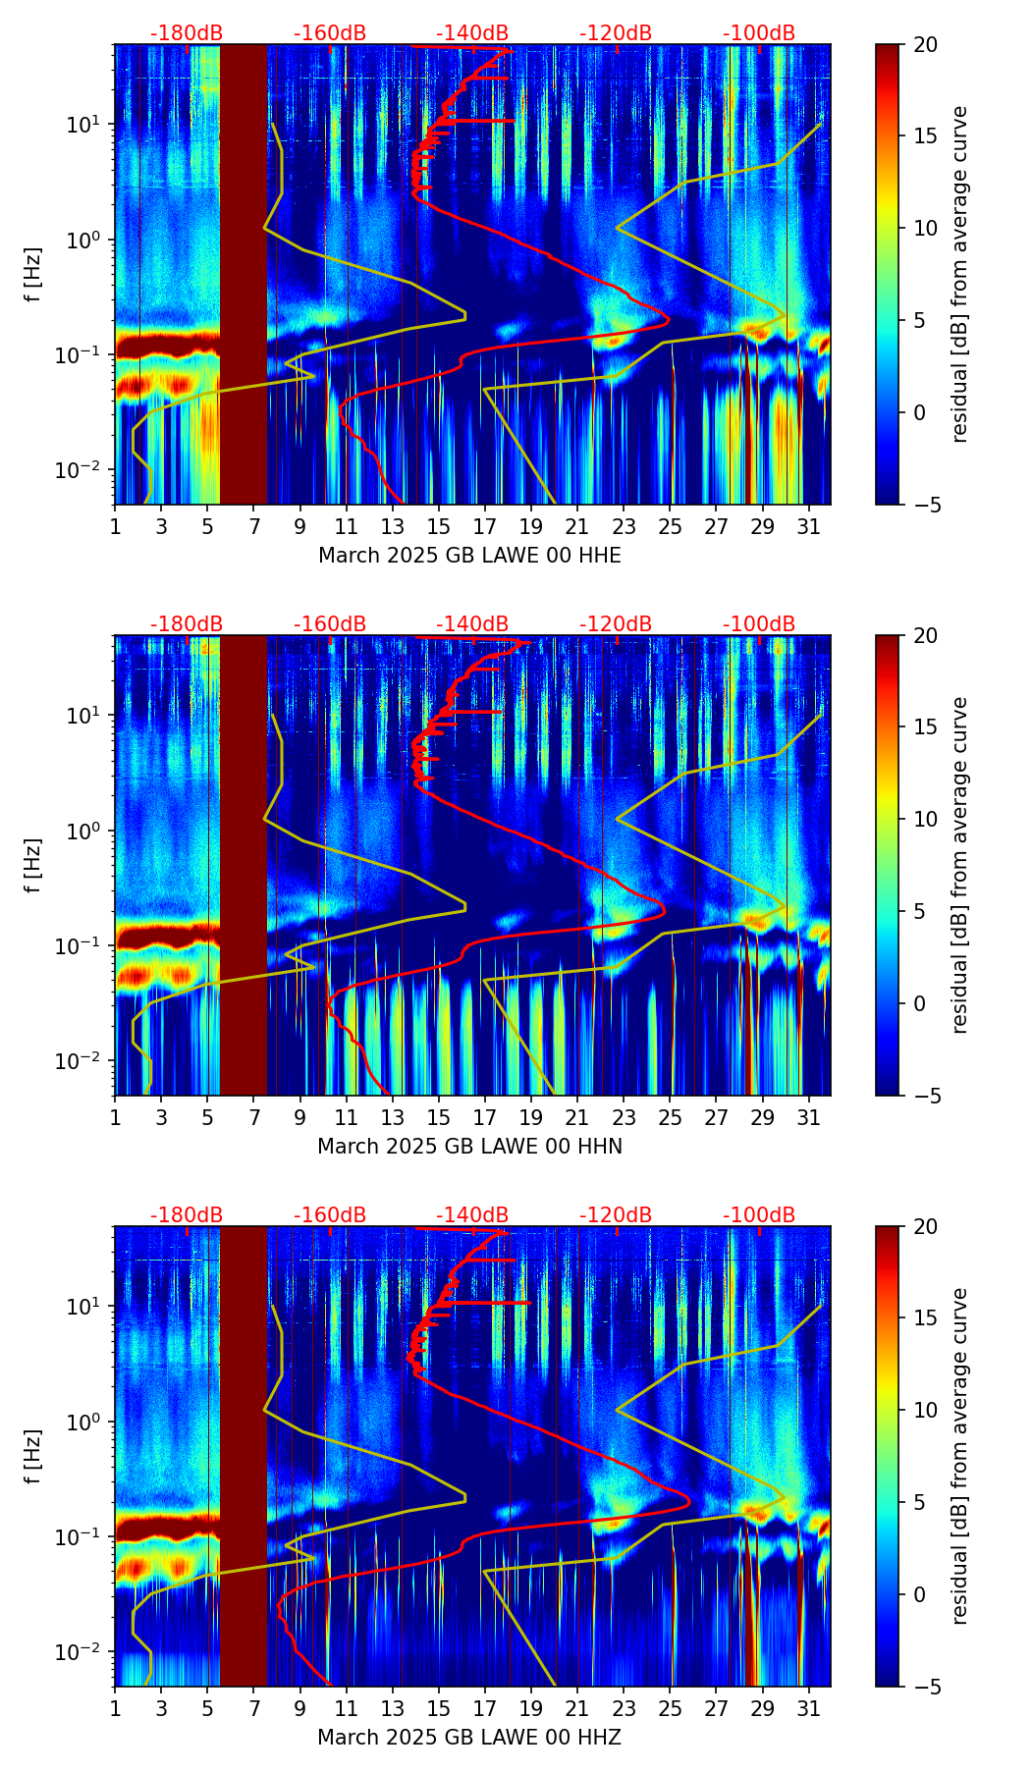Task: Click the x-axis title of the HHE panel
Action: click(469, 556)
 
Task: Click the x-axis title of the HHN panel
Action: click(469, 1147)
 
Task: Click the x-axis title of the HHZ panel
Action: click(469, 1738)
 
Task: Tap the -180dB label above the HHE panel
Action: click(187, 33)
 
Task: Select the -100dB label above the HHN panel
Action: click(759, 624)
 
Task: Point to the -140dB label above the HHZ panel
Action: click(472, 1215)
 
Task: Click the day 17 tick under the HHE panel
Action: click(485, 527)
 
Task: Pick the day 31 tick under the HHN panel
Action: click(808, 1118)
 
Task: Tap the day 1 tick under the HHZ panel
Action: click(115, 1709)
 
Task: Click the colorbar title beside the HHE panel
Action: click(959, 274)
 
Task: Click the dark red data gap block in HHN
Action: click(243, 865)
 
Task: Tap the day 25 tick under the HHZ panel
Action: click(670, 1709)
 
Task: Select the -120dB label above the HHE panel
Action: click(616, 33)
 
